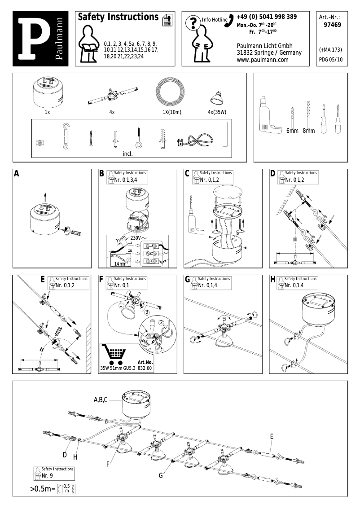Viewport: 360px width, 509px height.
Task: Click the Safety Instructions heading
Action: [118, 17]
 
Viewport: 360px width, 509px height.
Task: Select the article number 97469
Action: [332, 25]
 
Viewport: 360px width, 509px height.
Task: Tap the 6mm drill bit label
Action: [292, 131]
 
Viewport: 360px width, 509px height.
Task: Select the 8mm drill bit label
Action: [308, 131]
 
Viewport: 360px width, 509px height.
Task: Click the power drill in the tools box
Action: [267, 114]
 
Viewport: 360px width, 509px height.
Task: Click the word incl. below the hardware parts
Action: [127, 154]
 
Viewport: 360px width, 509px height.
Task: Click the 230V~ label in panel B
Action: [139, 237]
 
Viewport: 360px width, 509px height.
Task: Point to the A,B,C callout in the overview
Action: [101, 399]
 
